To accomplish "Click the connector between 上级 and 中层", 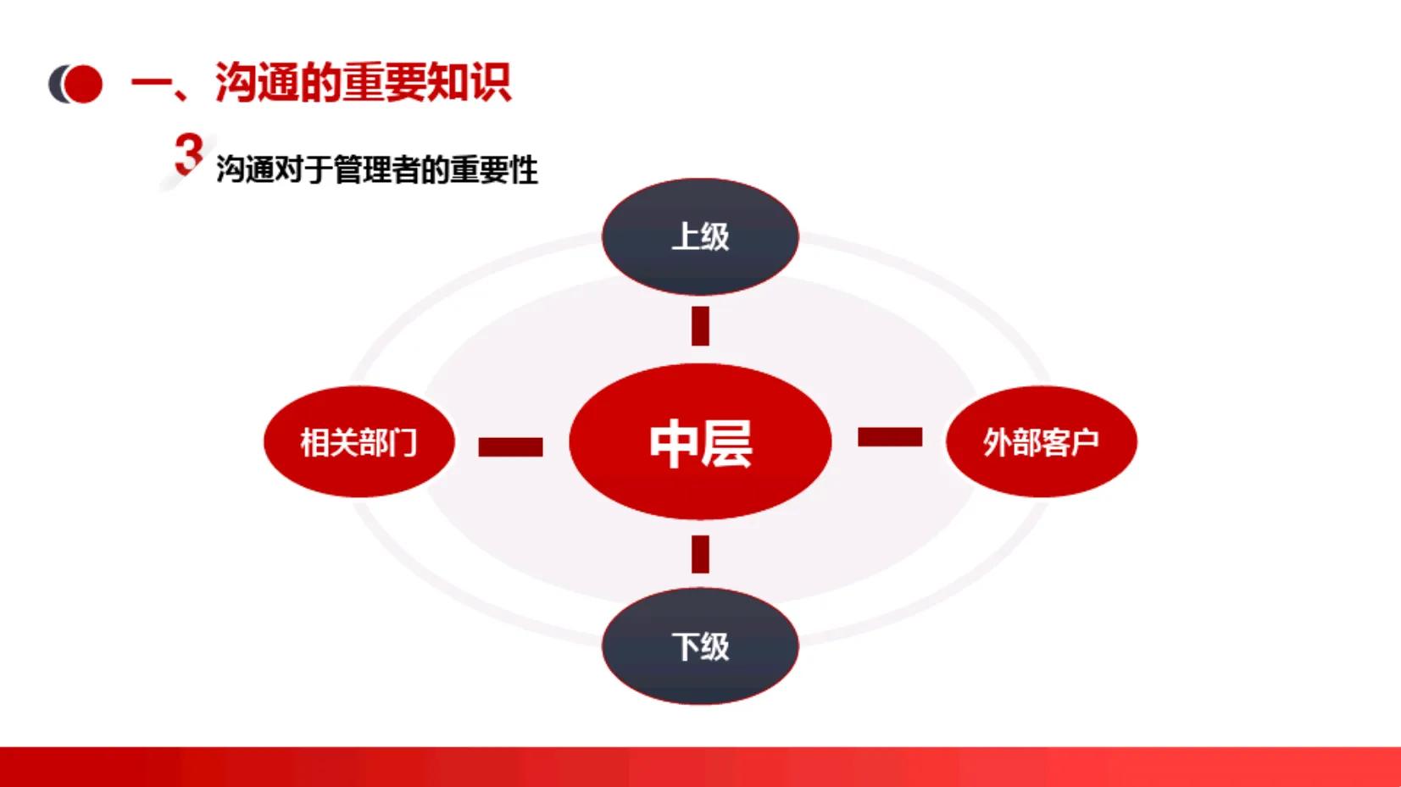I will tap(700, 326).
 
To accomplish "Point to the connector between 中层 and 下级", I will tap(700, 554).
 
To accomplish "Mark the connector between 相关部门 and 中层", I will tap(510, 446).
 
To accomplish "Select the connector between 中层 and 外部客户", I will tap(890, 437).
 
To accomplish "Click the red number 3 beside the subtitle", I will tap(188, 154).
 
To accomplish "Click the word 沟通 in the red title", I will tap(257, 83).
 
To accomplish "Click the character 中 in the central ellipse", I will tap(674, 443).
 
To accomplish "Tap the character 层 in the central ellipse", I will tap(726, 443).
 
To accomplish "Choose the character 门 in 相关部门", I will tap(403, 442).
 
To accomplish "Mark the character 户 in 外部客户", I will tap(1085, 442).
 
